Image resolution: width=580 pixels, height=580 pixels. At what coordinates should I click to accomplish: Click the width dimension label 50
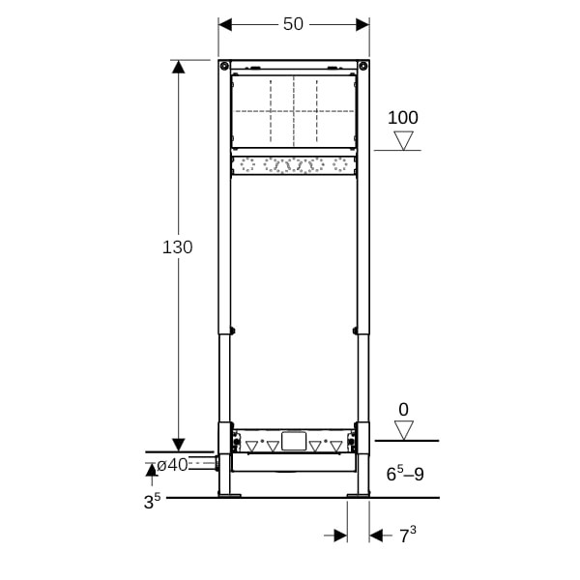(293, 24)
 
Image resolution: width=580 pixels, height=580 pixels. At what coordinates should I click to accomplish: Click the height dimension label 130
(178, 247)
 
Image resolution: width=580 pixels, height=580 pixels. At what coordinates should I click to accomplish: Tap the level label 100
(403, 118)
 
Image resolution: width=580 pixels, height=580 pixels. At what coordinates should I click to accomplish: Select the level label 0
(403, 410)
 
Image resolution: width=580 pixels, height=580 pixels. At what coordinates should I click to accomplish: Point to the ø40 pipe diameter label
(172, 465)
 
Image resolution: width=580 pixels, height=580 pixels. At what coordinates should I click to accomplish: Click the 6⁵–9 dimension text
(405, 474)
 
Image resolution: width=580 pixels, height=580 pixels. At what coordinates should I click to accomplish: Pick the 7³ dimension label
(408, 535)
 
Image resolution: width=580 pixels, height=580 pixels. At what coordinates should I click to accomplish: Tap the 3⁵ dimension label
(152, 502)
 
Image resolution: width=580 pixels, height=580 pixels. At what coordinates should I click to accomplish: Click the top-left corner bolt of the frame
(224, 66)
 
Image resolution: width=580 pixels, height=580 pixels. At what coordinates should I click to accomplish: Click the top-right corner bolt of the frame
(363, 66)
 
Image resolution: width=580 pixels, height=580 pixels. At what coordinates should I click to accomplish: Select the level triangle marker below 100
(403, 140)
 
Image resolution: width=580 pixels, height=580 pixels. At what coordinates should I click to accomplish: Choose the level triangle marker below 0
(403, 430)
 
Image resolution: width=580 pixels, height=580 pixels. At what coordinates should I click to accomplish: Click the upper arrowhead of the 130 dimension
(178, 67)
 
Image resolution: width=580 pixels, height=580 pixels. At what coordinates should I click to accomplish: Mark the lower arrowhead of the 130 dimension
(178, 445)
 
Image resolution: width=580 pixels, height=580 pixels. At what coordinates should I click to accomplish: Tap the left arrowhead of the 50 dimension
(225, 25)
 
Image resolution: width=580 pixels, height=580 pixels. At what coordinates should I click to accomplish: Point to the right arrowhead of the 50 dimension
(362, 25)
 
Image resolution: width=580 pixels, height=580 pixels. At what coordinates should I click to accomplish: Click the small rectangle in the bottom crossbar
(294, 441)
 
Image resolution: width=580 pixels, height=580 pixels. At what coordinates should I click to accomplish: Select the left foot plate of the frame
(229, 496)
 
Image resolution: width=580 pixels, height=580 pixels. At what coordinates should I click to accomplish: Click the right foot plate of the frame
(358, 496)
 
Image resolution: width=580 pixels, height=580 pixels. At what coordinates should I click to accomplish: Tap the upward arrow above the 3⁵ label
(152, 475)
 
